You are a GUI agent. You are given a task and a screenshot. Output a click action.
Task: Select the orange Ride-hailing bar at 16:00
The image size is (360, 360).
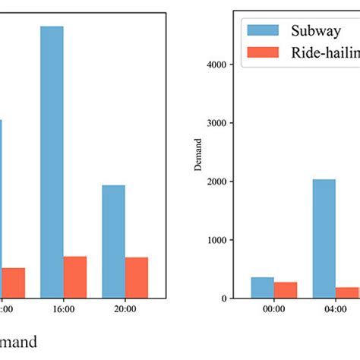point(75,276)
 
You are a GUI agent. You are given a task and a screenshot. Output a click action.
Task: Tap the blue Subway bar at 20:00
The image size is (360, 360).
point(113,241)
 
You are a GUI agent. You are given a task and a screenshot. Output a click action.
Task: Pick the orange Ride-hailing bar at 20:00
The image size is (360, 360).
point(137,277)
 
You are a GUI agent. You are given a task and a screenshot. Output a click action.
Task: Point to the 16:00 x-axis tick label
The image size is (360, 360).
point(64,310)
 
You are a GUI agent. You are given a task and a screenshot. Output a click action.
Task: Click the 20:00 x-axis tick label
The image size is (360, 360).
point(125,310)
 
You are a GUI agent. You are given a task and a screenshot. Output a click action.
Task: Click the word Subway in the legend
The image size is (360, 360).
point(312,30)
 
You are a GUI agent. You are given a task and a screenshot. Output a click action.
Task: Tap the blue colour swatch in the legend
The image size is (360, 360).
point(261,30)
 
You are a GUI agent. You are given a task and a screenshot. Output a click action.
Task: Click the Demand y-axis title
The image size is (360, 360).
point(198,154)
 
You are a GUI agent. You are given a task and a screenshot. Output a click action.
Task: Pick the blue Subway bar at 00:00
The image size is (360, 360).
point(262,287)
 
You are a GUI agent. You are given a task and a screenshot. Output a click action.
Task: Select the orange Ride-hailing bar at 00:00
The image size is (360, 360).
point(286,289)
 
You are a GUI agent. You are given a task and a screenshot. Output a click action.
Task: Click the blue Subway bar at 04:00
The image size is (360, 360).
point(324,238)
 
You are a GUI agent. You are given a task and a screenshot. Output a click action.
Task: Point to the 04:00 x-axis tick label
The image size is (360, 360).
point(335,310)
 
